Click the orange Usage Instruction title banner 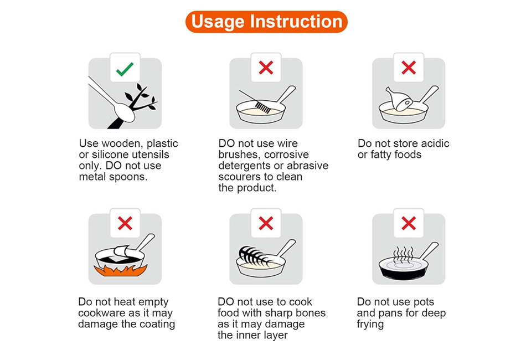point(266,22)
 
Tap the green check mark point(125,69)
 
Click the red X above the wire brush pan point(266,68)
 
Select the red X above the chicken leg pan point(409,68)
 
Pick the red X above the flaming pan point(125,223)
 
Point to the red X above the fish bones point(266,223)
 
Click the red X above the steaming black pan point(409,223)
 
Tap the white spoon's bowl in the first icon point(124,112)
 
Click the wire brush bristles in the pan point(263,107)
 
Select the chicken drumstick point(399,99)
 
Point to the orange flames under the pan point(121,270)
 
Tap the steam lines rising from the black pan point(403,254)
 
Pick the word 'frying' point(370,325)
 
